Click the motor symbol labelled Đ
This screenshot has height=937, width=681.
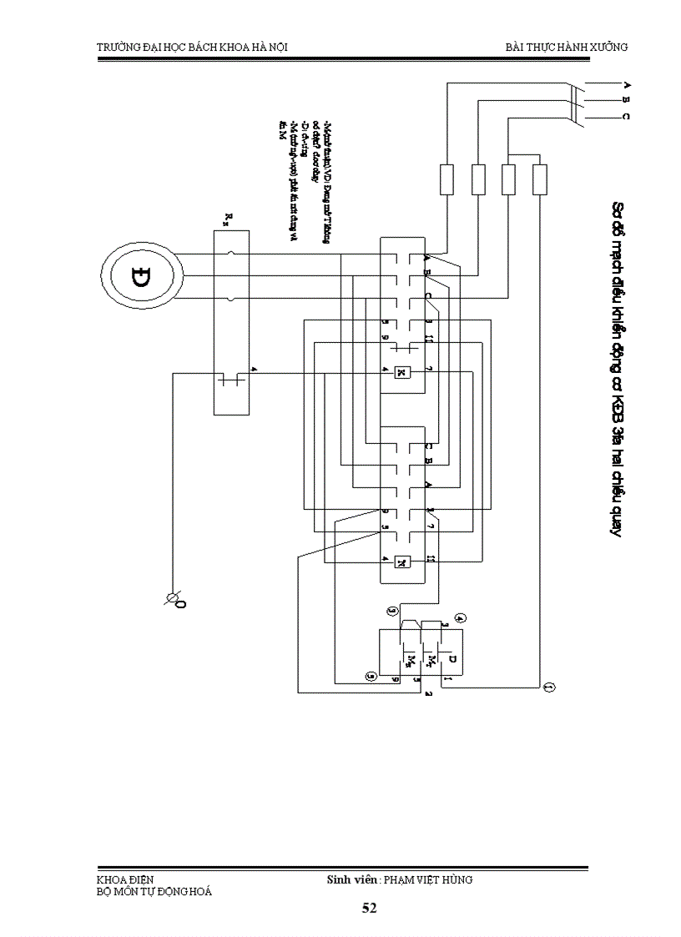(x=141, y=275)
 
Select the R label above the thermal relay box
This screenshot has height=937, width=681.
(x=228, y=219)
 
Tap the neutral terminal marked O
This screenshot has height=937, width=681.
(x=176, y=599)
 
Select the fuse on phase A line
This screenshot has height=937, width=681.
(x=446, y=179)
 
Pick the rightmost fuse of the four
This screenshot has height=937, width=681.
(x=539, y=179)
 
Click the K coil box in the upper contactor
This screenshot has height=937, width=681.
(x=402, y=371)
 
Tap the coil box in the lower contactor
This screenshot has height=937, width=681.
(x=402, y=561)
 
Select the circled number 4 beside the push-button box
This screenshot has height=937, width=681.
(x=460, y=618)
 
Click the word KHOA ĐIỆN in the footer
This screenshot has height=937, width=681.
(x=125, y=879)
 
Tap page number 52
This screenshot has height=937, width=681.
(x=369, y=908)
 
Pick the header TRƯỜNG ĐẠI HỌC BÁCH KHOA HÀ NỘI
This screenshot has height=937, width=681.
(x=193, y=47)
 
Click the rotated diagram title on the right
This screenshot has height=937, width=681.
(x=618, y=367)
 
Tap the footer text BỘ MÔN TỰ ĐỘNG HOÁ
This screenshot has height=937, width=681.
(x=154, y=891)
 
